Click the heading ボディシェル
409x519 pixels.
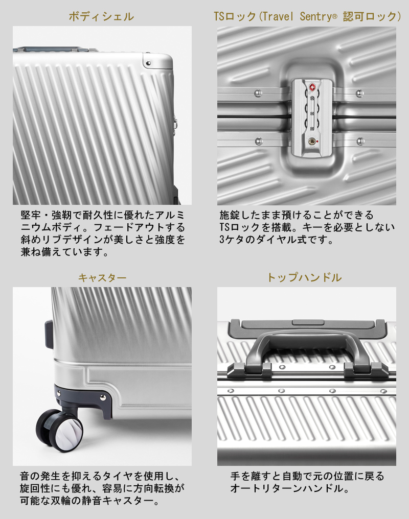(x=101, y=16)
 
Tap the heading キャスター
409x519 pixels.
(x=102, y=277)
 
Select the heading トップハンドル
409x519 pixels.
(x=304, y=277)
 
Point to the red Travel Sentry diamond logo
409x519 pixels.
(x=312, y=87)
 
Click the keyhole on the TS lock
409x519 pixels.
(x=312, y=141)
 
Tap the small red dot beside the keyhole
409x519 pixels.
(x=317, y=141)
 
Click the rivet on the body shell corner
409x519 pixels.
(x=148, y=63)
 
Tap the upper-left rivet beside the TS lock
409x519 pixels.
(x=258, y=93)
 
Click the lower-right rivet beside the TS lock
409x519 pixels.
(x=360, y=141)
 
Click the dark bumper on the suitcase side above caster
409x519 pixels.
(x=49, y=334)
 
